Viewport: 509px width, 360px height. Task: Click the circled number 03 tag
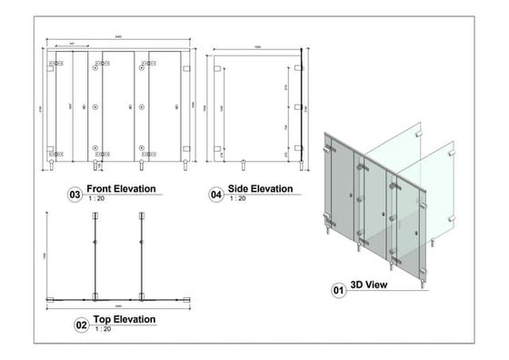pos(75,194)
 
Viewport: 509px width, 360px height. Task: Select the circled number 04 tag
pos(216,194)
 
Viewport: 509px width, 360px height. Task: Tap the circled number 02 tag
pos(80,324)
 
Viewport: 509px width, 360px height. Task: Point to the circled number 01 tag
pos(338,290)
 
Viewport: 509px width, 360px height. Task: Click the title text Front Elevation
pos(121,189)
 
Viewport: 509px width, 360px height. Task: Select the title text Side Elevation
pos(261,189)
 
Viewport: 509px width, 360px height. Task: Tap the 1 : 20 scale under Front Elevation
pos(95,198)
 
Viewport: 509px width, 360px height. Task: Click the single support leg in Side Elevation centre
pos(245,165)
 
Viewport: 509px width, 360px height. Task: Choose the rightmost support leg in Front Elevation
pos(186,165)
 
